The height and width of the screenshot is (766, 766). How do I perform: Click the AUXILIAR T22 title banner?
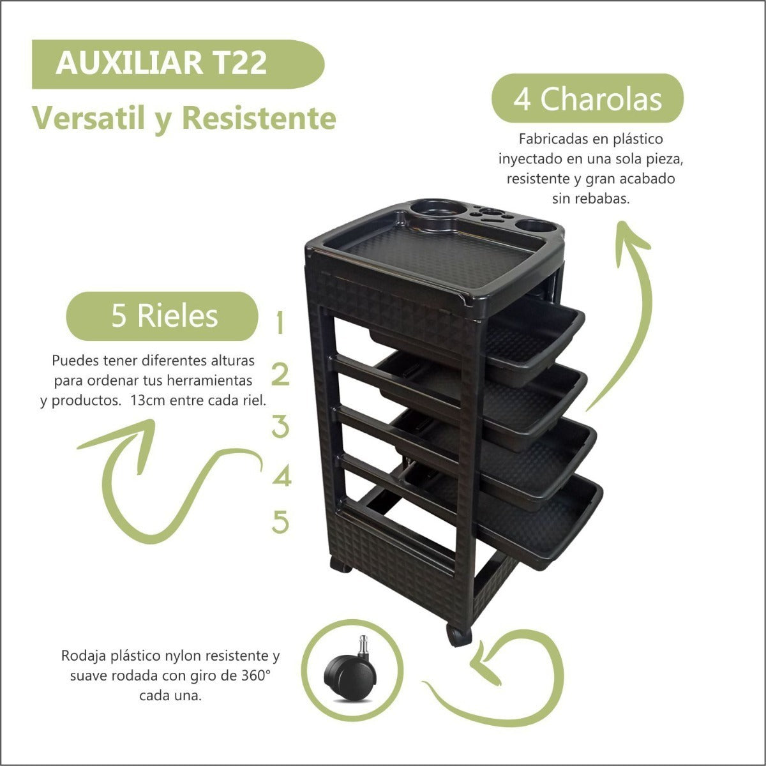click(178, 64)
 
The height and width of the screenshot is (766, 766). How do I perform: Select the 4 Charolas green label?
click(587, 98)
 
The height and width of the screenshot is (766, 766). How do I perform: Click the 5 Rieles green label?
click(162, 316)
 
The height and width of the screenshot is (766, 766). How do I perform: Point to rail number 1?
click(280, 322)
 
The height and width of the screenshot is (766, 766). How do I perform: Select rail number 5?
click(281, 521)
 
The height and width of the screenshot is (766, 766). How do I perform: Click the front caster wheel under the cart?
click(460, 635)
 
